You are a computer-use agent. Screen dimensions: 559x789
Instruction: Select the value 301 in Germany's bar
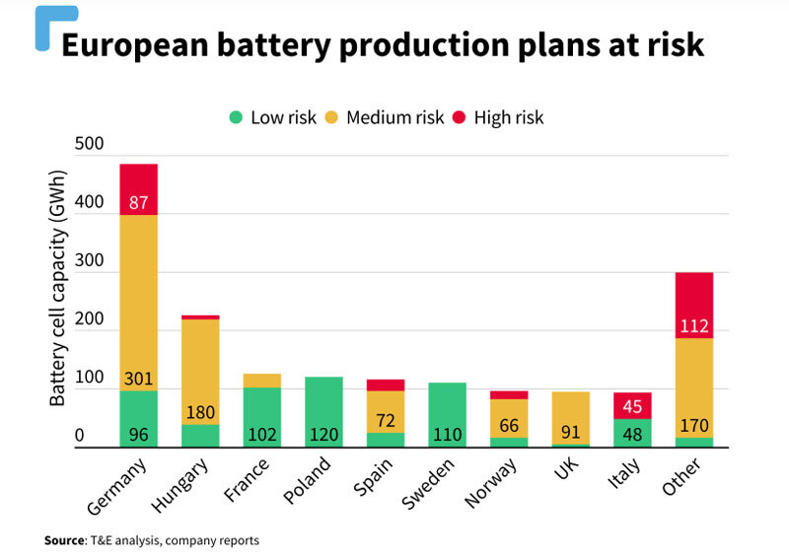pyautogui.click(x=139, y=378)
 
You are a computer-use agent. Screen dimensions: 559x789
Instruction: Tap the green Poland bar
pyautogui.click(x=323, y=412)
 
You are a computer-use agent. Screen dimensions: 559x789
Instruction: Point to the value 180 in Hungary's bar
pyautogui.click(x=200, y=412)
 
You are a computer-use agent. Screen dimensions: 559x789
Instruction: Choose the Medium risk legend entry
pyautogui.click(x=384, y=117)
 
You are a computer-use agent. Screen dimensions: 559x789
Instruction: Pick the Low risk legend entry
pyautogui.click(x=271, y=117)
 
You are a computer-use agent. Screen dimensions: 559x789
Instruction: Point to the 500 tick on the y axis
pyautogui.click(x=89, y=145)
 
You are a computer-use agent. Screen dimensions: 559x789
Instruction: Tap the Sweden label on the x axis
pyautogui.click(x=427, y=483)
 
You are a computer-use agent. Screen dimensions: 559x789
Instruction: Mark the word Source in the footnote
pyautogui.click(x=65, y=540)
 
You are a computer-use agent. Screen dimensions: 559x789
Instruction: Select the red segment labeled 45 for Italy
pyautogui.click(x=632, y=405)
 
